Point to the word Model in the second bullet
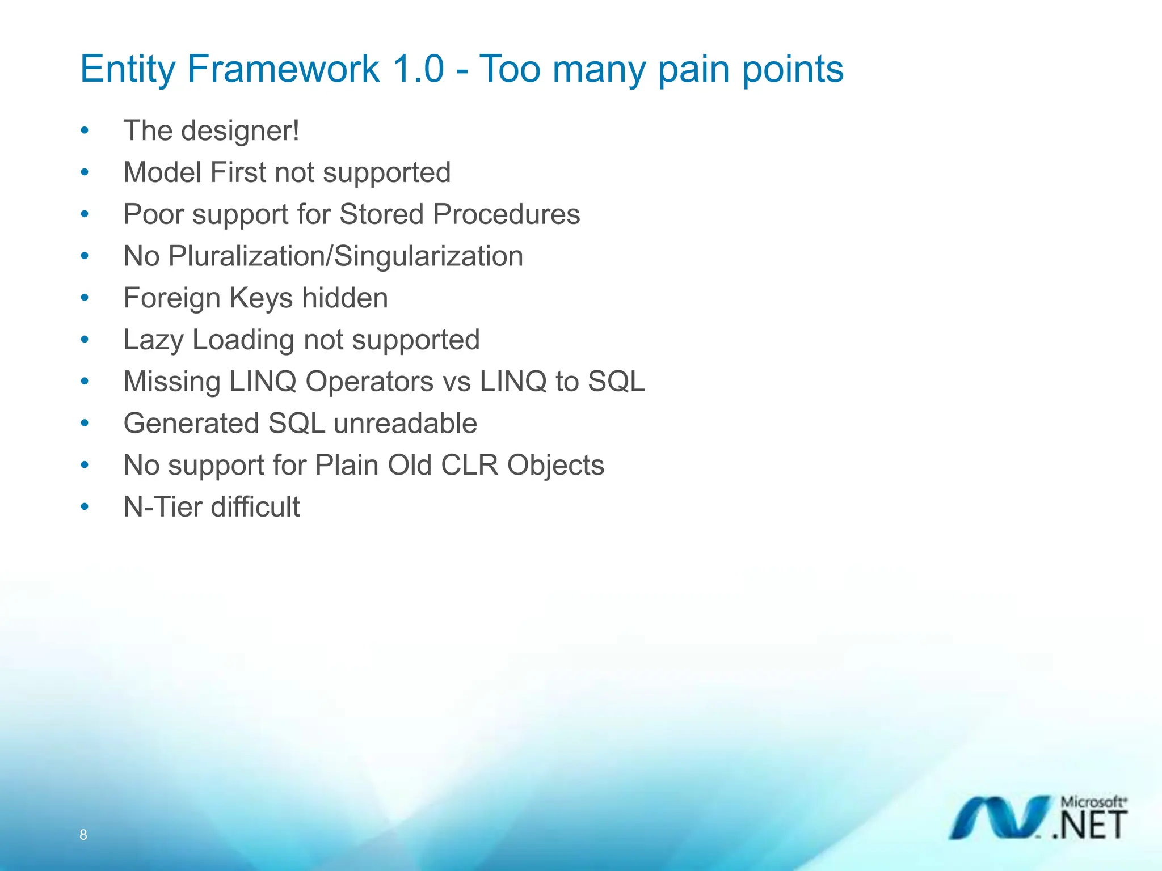tap(162, 172)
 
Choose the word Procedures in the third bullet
tap(506, 215)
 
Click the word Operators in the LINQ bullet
tap(369, 382)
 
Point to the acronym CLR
tap(469, 466)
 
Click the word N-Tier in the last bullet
tap(162, 507)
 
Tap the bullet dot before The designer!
tap(85, 132)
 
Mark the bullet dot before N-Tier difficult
tap(85, 507)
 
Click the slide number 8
tap(83, 835)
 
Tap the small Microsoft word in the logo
tap(1092, 802)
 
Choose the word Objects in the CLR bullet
tap(555, 466)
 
